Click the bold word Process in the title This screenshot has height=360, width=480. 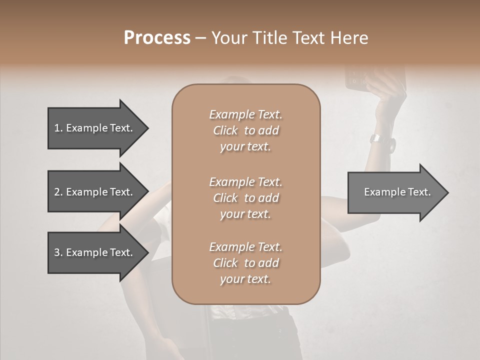[x=157, y=38]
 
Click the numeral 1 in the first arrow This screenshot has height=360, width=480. [x=57, y=128]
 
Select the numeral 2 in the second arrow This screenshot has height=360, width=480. [x=57, y=192]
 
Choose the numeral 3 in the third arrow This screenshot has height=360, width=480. [x=57, y=252]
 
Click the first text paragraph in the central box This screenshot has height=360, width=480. [x=245, y=130]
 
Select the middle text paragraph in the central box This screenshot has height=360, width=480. [x=245, y=198]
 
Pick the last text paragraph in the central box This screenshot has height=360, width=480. [x=245, y=263]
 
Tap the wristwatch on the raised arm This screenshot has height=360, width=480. [x=375, y=138]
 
